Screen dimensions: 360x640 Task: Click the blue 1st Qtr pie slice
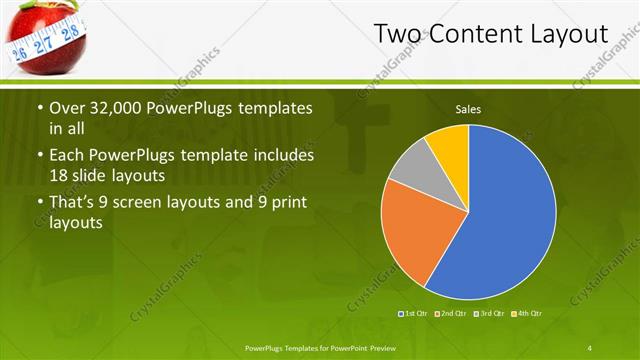pyautogui.click(x=500, y=220)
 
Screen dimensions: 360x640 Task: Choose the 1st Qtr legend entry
pyautogui.click(x=416, y=314)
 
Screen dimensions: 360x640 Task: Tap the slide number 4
pyautogui.click(x=590, y=347)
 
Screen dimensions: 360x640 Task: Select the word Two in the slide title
pyautogui.click(x=398, y=35)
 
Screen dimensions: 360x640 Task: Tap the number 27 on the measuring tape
pyautogui.click(x=44, y=46)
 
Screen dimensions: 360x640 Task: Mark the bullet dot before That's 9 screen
pyautogui.click(x=39, y=205)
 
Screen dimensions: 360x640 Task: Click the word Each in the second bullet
pyautogui.click(x=67, y=156)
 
